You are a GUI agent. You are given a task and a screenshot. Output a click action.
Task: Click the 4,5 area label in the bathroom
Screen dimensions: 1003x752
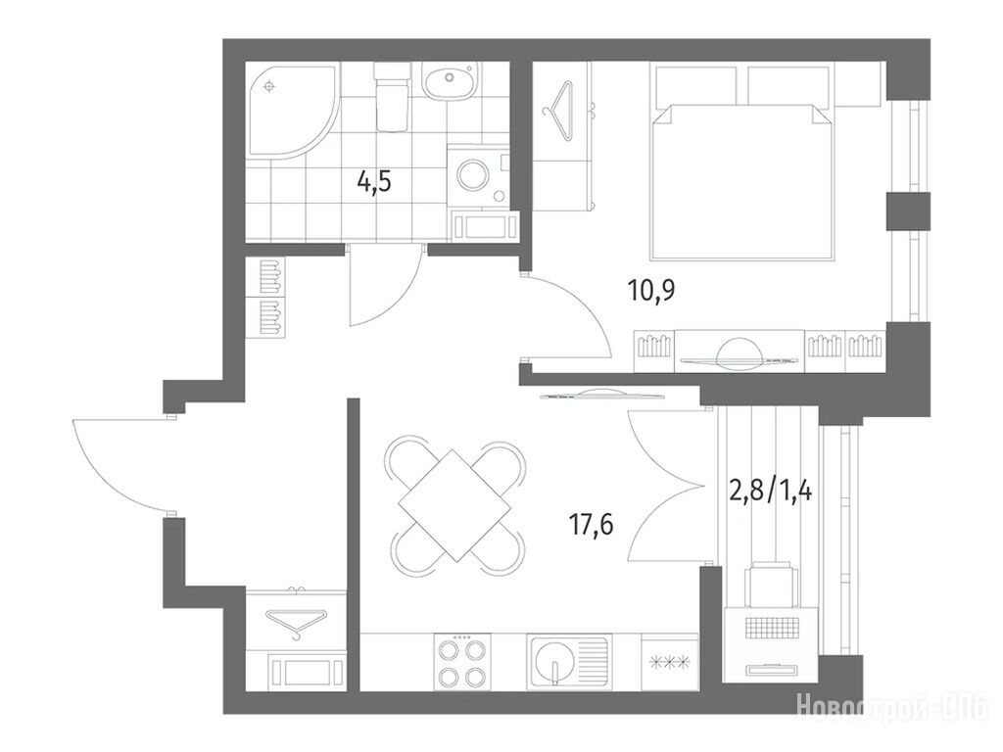[x=374, y=183]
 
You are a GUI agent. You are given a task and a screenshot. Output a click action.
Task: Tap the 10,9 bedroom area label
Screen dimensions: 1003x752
[x=651, y=292]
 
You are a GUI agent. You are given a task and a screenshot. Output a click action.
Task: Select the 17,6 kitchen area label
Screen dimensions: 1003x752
[x=592, y=525]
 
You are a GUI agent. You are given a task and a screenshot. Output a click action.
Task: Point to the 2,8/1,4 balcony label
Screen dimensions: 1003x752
[x=771, y=492]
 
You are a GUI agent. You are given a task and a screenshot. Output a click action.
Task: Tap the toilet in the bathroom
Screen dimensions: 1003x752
[x=391, y=97]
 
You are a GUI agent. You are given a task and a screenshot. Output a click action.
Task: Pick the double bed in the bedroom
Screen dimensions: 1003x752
[x=742, y=180]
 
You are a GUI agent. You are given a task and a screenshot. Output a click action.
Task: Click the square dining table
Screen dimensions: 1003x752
[x=454, y=505]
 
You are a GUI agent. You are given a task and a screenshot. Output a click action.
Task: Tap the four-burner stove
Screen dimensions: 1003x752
[x=460, y=662]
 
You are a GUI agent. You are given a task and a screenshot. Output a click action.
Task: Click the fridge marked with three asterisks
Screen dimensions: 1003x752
[x=669, y=662]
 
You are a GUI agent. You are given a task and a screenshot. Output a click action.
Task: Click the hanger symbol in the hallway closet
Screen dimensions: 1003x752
[x=296, y=623]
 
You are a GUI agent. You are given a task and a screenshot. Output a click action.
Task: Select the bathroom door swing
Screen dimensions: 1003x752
[x=385, y=287]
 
